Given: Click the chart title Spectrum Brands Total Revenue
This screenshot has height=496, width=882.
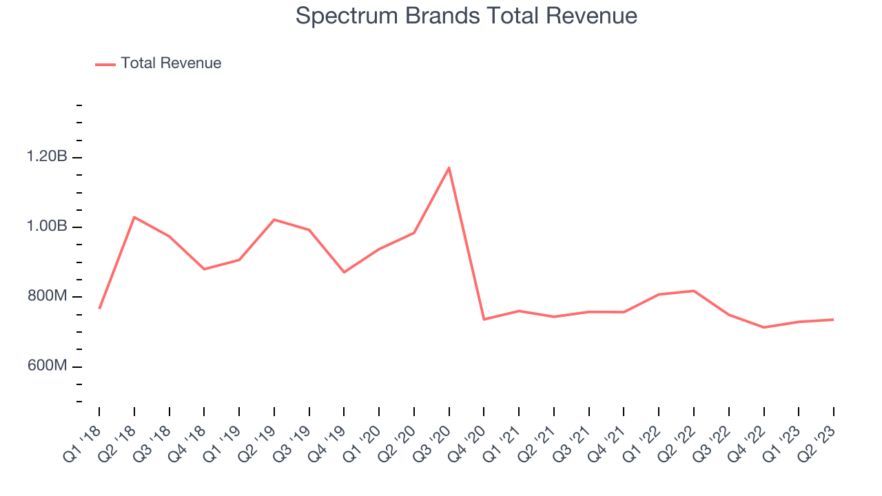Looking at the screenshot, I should pyautogui.click(x=466, y=16).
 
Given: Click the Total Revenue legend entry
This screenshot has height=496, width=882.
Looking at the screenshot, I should pyautogui.click(x=170, y=63).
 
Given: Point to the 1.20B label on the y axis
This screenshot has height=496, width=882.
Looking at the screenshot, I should pyautogui.click(x=47, y=157).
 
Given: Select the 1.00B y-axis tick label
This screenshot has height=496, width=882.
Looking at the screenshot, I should pyautogui.click(x=47, y=227).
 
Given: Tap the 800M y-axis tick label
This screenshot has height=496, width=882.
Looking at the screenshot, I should pyautogui.click(x=47, y=296).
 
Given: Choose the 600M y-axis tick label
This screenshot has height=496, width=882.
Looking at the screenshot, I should pyautogui.click(x=47, y=366).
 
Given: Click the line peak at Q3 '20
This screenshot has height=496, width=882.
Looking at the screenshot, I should pyautogui.click(x=449, y=167).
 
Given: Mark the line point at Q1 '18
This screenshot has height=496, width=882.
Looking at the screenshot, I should pyautogui.click(x=99, y=308).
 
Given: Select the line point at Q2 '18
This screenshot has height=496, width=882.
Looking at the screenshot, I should pyautogui.click(x=134, y=217).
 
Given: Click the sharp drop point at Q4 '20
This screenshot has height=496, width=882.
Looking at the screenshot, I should pyautogui.click(x=484, y=319).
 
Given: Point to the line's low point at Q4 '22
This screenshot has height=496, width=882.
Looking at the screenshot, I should pyautogui.click(x=764, y=327).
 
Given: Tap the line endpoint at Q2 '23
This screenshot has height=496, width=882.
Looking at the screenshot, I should pyautogui.click(x=834, y=319).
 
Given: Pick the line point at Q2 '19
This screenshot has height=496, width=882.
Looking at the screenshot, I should pyautogui.click(x=274, y=220).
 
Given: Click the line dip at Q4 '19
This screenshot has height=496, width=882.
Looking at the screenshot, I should pyautogui.click(x=345, y=272).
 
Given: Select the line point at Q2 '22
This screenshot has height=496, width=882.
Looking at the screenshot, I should pyautogui.click(x=694, y=291).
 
